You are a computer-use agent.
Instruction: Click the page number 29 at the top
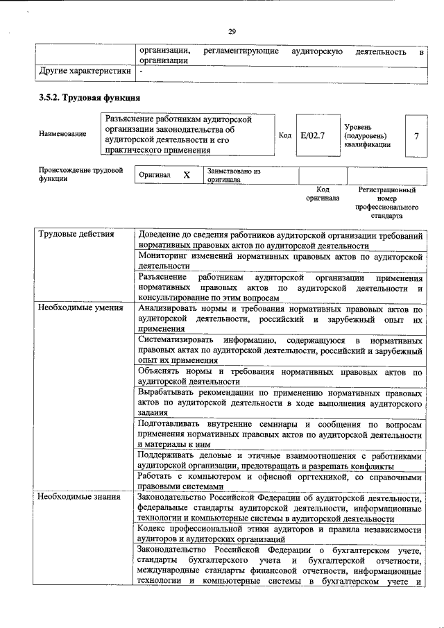232,30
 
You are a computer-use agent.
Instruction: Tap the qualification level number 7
416,135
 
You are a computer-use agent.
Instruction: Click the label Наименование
63,134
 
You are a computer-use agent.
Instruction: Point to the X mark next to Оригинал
186,176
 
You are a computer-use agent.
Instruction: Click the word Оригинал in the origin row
155,176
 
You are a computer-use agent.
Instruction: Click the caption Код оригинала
323,194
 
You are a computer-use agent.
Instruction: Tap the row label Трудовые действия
76,234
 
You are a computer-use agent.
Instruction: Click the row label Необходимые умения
80,307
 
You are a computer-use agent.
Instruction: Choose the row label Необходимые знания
78,497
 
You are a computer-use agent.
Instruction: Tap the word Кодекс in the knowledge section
154,528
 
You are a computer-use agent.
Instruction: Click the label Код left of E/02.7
284,135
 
